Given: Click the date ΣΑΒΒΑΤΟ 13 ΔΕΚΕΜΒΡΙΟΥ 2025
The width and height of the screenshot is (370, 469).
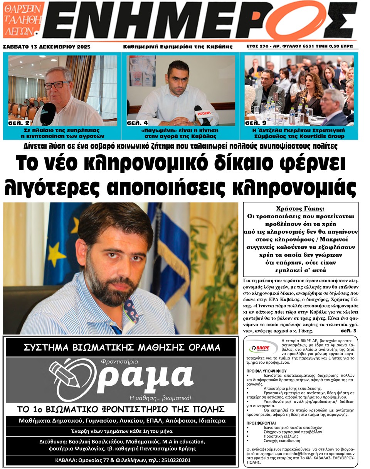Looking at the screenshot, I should [x=47, y=47].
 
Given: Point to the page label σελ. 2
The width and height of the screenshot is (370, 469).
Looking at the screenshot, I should [x=18, y=123].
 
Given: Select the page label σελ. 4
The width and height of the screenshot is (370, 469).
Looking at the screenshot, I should [x=137, y=123].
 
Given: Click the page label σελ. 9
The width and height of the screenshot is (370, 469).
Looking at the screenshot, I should [x=256, y=123].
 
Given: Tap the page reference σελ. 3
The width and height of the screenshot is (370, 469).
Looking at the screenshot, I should [x=349, y=331].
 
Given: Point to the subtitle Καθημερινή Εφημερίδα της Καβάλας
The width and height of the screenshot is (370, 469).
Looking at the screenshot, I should [x=178, y=47].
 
